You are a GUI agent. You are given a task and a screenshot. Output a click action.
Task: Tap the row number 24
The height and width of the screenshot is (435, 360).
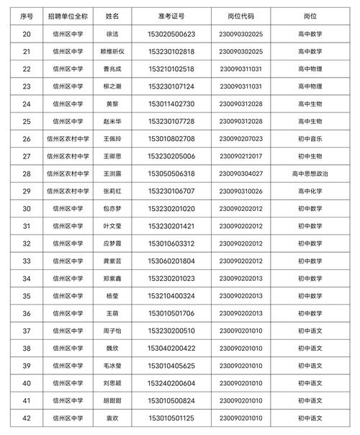point(27,104)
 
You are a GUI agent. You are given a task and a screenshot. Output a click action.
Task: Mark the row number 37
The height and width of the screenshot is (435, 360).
point(27,331)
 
